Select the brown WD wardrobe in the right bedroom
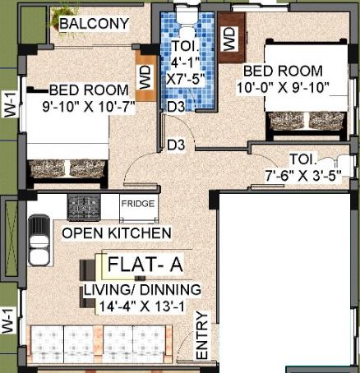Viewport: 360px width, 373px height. click(229, 38)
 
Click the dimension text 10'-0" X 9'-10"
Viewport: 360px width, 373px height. click(281, 87)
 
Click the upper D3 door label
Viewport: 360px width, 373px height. click(175, 107)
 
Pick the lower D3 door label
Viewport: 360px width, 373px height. click(175, 145)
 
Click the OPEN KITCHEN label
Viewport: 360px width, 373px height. click(117, 233)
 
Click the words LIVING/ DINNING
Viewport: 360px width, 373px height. click(141, 291)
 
